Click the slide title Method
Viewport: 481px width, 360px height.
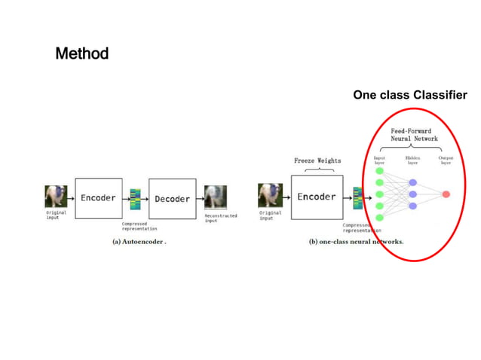pyautogui.click(x=82, y=54)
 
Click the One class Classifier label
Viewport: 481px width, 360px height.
pyautogui.click(x=409, y=96)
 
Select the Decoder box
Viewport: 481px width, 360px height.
pyautogui.click(x=173, y=199)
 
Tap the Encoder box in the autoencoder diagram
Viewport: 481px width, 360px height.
pyautogui.click(x=99, y=198)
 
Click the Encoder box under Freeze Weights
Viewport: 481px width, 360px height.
pyautogui.click(x=317, y=197)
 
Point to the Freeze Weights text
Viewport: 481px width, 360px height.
pyautogui.click(x=317, y=160)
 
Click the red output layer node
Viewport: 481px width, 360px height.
pyautogui.click(x=446, y=194)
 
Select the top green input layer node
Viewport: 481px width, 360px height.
pyautogui.click(x=379, y=171)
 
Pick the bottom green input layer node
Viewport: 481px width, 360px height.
pyautogui.click(x=379, y=218)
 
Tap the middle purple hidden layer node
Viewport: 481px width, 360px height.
pyautogui.click(x=412, y=194)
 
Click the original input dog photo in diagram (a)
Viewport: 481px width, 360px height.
pyautogui.click(x=56, y=197)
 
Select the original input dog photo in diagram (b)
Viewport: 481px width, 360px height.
pyautogui.click(x=269, y=197)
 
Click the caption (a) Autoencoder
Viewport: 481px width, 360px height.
pyautogui.click(x=133, y=242)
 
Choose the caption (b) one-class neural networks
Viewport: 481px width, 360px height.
pyautogui.click(x=356, y=242)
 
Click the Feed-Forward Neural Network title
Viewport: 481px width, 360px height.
pyautogui.click(x=414, y=135)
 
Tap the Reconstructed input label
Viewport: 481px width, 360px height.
pyautogui.click(x=221, y=218)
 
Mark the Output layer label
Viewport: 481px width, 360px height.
pyautogui.click(x=446, y=160)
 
